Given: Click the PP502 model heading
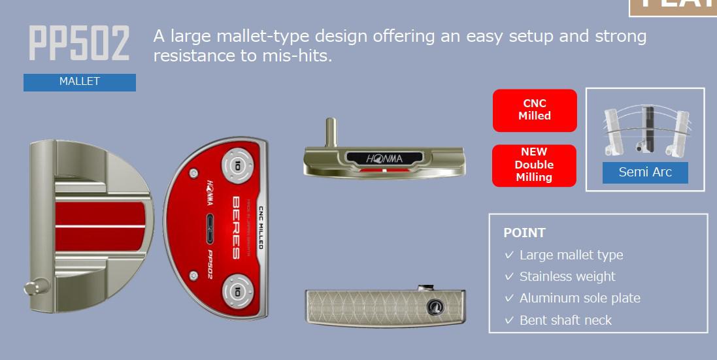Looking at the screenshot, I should [x=79, y=44].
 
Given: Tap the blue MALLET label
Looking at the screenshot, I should [x=80, y=82].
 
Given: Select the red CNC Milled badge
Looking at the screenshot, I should [x=535, y=110].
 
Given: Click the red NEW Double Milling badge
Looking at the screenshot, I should [x=534, y=165].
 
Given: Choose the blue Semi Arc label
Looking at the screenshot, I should [x=644, y=172].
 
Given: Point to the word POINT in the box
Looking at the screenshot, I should [x=524, y=233].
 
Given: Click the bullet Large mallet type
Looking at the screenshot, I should [x=571, y=255].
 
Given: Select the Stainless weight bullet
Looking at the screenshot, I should [x=567, y=276].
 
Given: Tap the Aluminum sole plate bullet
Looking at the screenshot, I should [x=579, y=298].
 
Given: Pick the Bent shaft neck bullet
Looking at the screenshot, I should [x=565, y=320].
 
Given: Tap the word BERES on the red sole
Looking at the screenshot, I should [x=237, y=227].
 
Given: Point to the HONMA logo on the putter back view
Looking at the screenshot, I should [x=384, y=158].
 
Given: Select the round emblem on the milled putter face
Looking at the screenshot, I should [x=435, y=308].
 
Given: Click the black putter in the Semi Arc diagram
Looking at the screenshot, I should [x=648, y=127].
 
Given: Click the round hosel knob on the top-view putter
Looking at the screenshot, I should [x=33, y=286].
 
